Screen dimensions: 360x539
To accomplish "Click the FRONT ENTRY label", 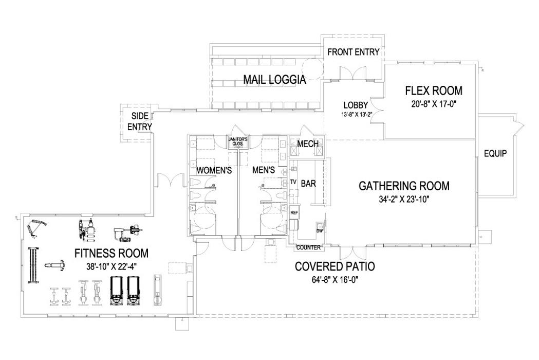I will tap(353, 52).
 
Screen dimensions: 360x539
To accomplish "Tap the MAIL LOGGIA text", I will tap(274, 80).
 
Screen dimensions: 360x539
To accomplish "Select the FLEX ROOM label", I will tap(433, 91).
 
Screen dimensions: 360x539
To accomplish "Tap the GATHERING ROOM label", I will tap(403, 186).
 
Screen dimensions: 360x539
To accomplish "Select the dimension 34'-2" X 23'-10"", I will tap(403, 199).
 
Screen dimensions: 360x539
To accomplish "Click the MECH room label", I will tap(308, 144).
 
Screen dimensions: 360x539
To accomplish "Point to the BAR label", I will tap(308, 183).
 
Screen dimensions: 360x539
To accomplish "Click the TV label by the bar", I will tap(293, 182).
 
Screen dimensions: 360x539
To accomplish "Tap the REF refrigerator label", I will tap(294, 212).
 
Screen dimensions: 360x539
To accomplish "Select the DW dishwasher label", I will tap(319, 231).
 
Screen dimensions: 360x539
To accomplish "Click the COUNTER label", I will tap(308, 248).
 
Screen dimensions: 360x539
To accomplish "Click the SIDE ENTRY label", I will tap(139, 121).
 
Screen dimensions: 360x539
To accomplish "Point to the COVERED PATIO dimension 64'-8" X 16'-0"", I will tap(334, 280).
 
